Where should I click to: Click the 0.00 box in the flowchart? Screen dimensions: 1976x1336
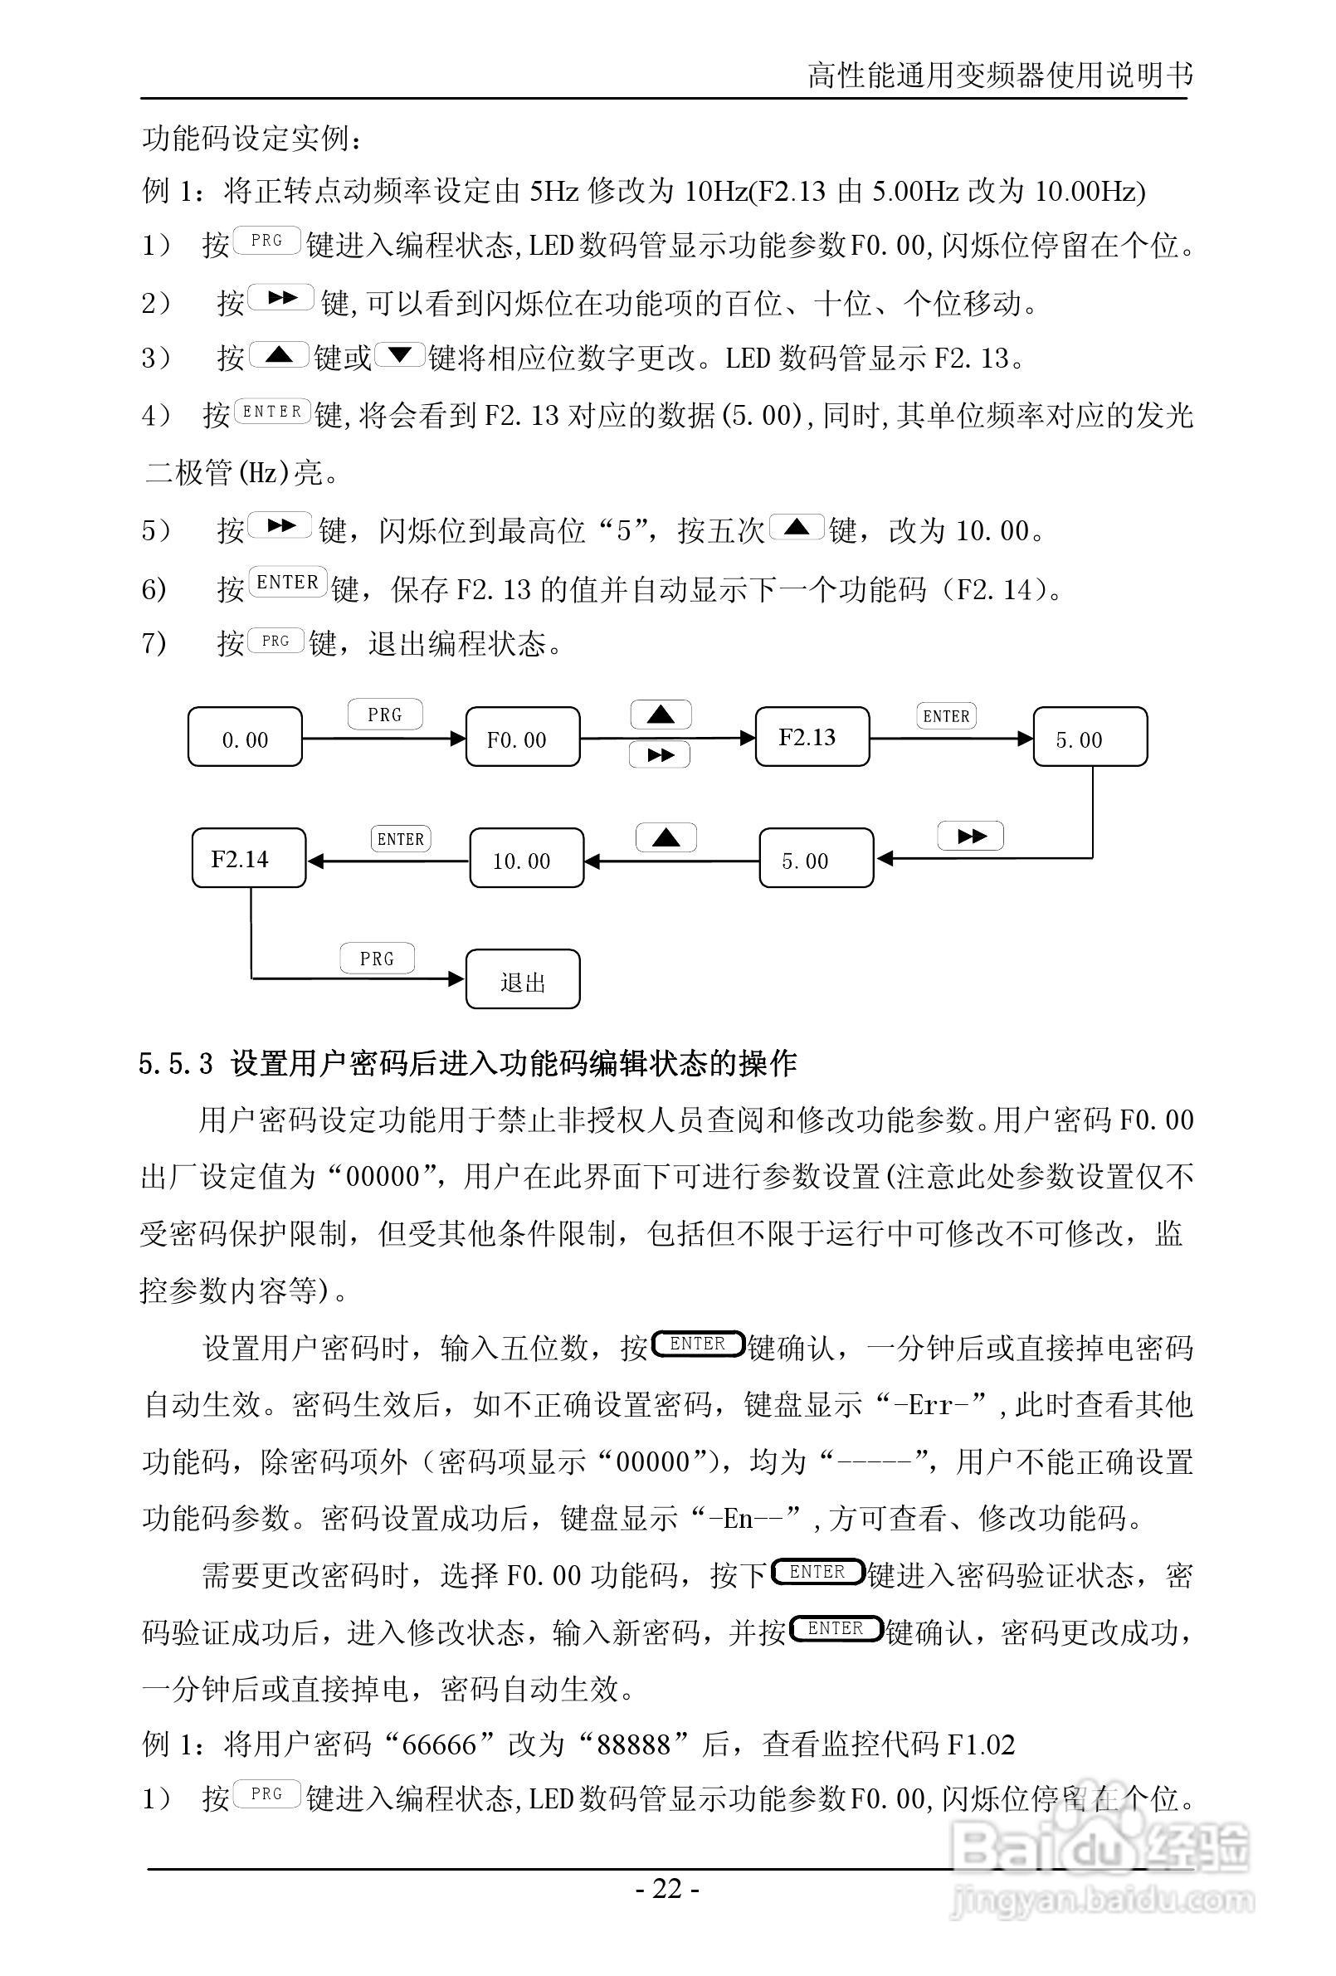245,736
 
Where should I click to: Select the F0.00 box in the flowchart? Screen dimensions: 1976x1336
522,736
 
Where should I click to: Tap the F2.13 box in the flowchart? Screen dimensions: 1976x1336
812,736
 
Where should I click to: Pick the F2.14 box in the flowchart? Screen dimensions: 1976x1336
248,858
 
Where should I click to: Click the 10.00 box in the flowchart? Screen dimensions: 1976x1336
526,859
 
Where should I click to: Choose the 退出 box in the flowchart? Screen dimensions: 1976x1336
522,979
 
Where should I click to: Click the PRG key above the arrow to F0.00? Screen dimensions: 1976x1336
384,715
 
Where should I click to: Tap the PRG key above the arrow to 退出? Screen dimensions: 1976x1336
377,959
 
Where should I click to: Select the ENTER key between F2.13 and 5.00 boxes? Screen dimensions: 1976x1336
946,716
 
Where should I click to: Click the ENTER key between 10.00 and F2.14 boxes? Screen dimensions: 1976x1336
401,838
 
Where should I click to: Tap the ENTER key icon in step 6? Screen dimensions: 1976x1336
287,583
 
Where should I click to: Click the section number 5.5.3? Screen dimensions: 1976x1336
176,1064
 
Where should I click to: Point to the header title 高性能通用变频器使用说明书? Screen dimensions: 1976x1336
999,76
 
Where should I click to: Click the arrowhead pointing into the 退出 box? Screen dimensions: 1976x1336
456,978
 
